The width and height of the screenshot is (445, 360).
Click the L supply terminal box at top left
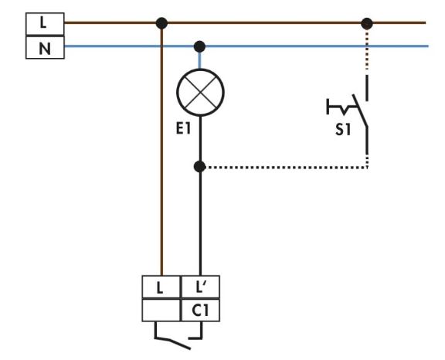(45, 24)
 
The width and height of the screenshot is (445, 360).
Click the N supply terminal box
(45, 47)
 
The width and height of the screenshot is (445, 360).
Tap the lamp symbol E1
(200, 93)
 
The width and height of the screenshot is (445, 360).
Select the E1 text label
(183, 129)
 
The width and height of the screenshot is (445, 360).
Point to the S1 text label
(343, 130)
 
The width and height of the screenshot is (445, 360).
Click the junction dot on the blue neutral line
(199, 46)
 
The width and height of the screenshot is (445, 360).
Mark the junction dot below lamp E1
(200, 167)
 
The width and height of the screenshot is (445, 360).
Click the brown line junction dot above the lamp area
(161, 23)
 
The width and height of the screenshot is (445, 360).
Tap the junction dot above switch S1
(367, 23)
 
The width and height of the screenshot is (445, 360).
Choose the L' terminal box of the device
(200, 287)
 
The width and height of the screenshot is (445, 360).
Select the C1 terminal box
(200, 310)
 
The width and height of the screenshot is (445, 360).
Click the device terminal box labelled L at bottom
(161, 287)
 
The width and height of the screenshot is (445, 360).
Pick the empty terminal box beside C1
(161, 310)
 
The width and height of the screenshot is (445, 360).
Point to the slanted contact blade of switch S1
(360, 110)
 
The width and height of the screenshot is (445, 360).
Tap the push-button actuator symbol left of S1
(341, 107)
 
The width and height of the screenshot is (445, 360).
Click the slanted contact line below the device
(172, 343)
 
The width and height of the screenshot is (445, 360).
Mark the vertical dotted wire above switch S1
(367, 50)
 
